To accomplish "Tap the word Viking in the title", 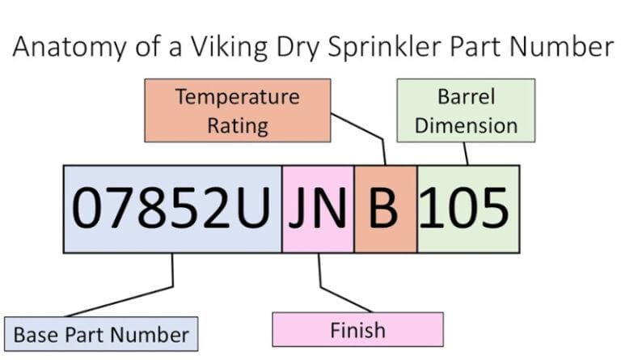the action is [218, 47].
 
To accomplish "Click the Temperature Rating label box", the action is [237, 110].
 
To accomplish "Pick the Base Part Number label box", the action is [101, 333].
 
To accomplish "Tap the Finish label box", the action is [357, 329].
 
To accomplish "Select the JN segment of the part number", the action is [318, 209].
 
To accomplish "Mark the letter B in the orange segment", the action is [385, 209].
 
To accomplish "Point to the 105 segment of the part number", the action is [467, 209].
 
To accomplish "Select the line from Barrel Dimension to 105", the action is [465, 154].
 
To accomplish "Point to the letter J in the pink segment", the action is [300, 209].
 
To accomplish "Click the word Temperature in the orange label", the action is [237, 97].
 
